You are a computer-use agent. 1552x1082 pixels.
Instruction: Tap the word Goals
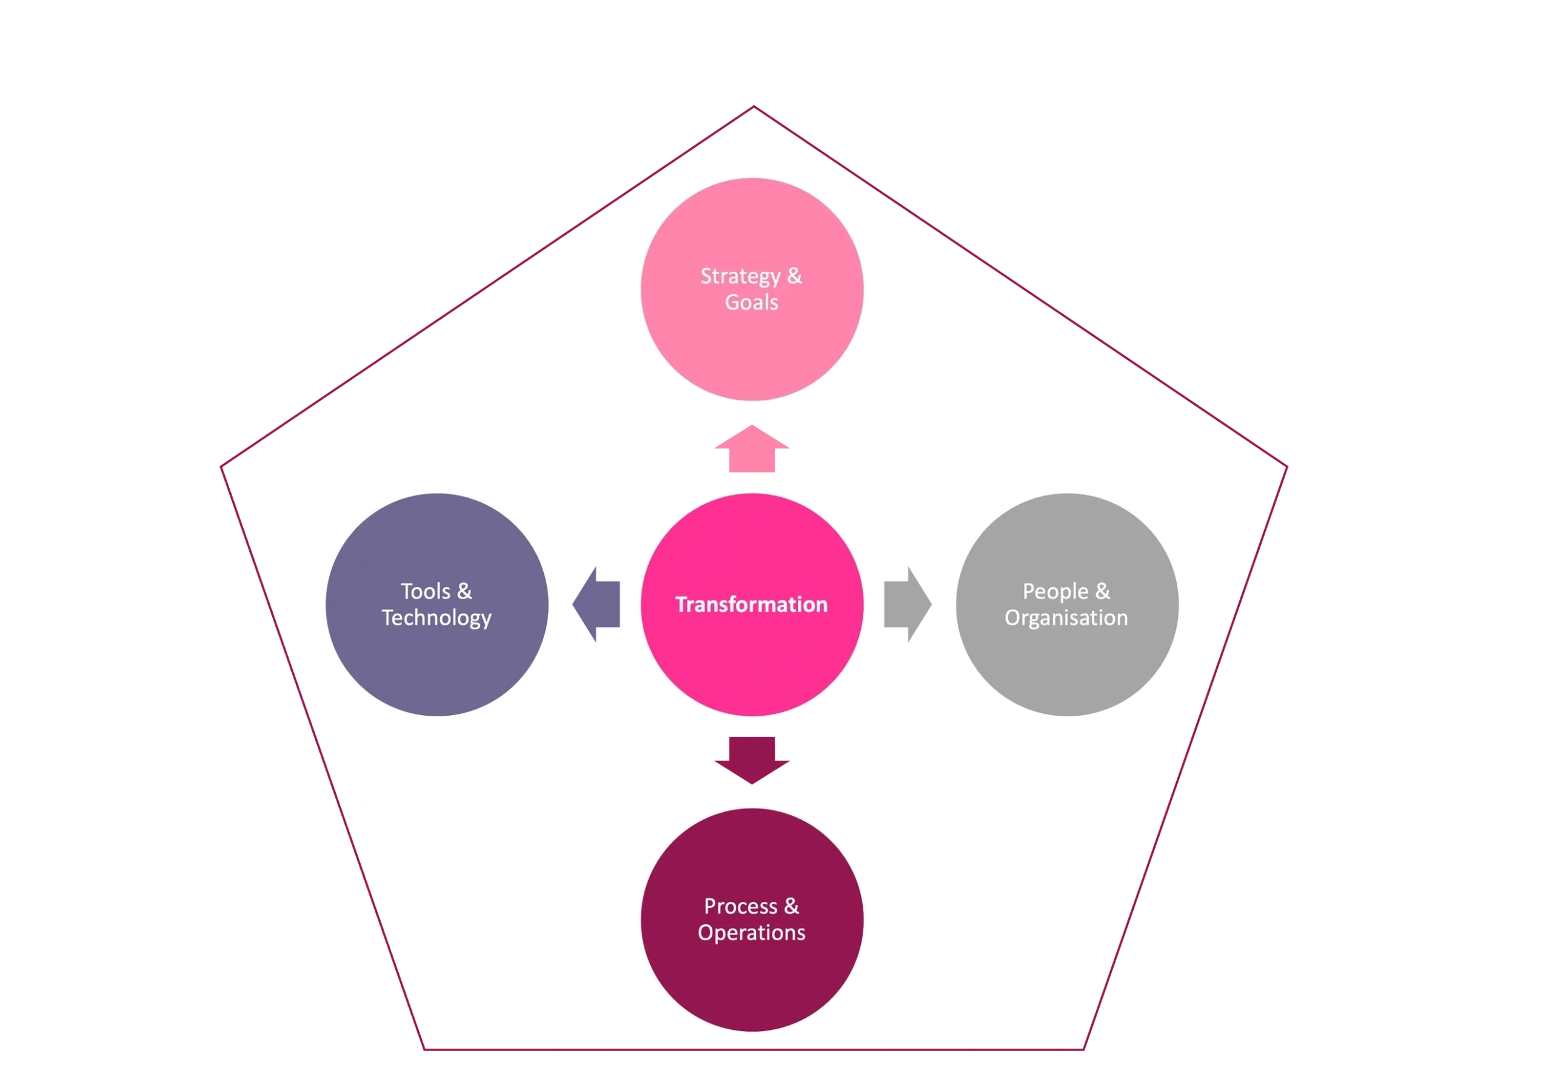point(751,302)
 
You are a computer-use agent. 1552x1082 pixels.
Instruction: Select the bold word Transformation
point(751,605)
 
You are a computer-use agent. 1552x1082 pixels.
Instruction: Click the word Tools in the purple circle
point(425,592)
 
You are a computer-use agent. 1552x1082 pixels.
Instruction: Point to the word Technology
point(436,618)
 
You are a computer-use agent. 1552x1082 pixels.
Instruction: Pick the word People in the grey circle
point(1055,592)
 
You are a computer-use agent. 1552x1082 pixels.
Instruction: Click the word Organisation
point(1066,618)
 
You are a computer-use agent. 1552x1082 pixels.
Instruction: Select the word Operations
point(751,933)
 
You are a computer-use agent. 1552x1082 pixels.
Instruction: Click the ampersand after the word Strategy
point(794,276)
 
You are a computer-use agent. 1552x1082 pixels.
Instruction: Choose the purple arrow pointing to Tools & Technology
point(596,604)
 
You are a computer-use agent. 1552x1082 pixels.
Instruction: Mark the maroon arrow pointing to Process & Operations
point(752,759)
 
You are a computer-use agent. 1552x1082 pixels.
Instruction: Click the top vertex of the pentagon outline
point(754,107)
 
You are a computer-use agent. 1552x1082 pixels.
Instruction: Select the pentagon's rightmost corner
point(1287,466)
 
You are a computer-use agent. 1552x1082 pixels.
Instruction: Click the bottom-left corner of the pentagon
point(424,1049)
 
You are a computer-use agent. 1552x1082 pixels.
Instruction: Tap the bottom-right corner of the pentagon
point(1083,1049)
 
